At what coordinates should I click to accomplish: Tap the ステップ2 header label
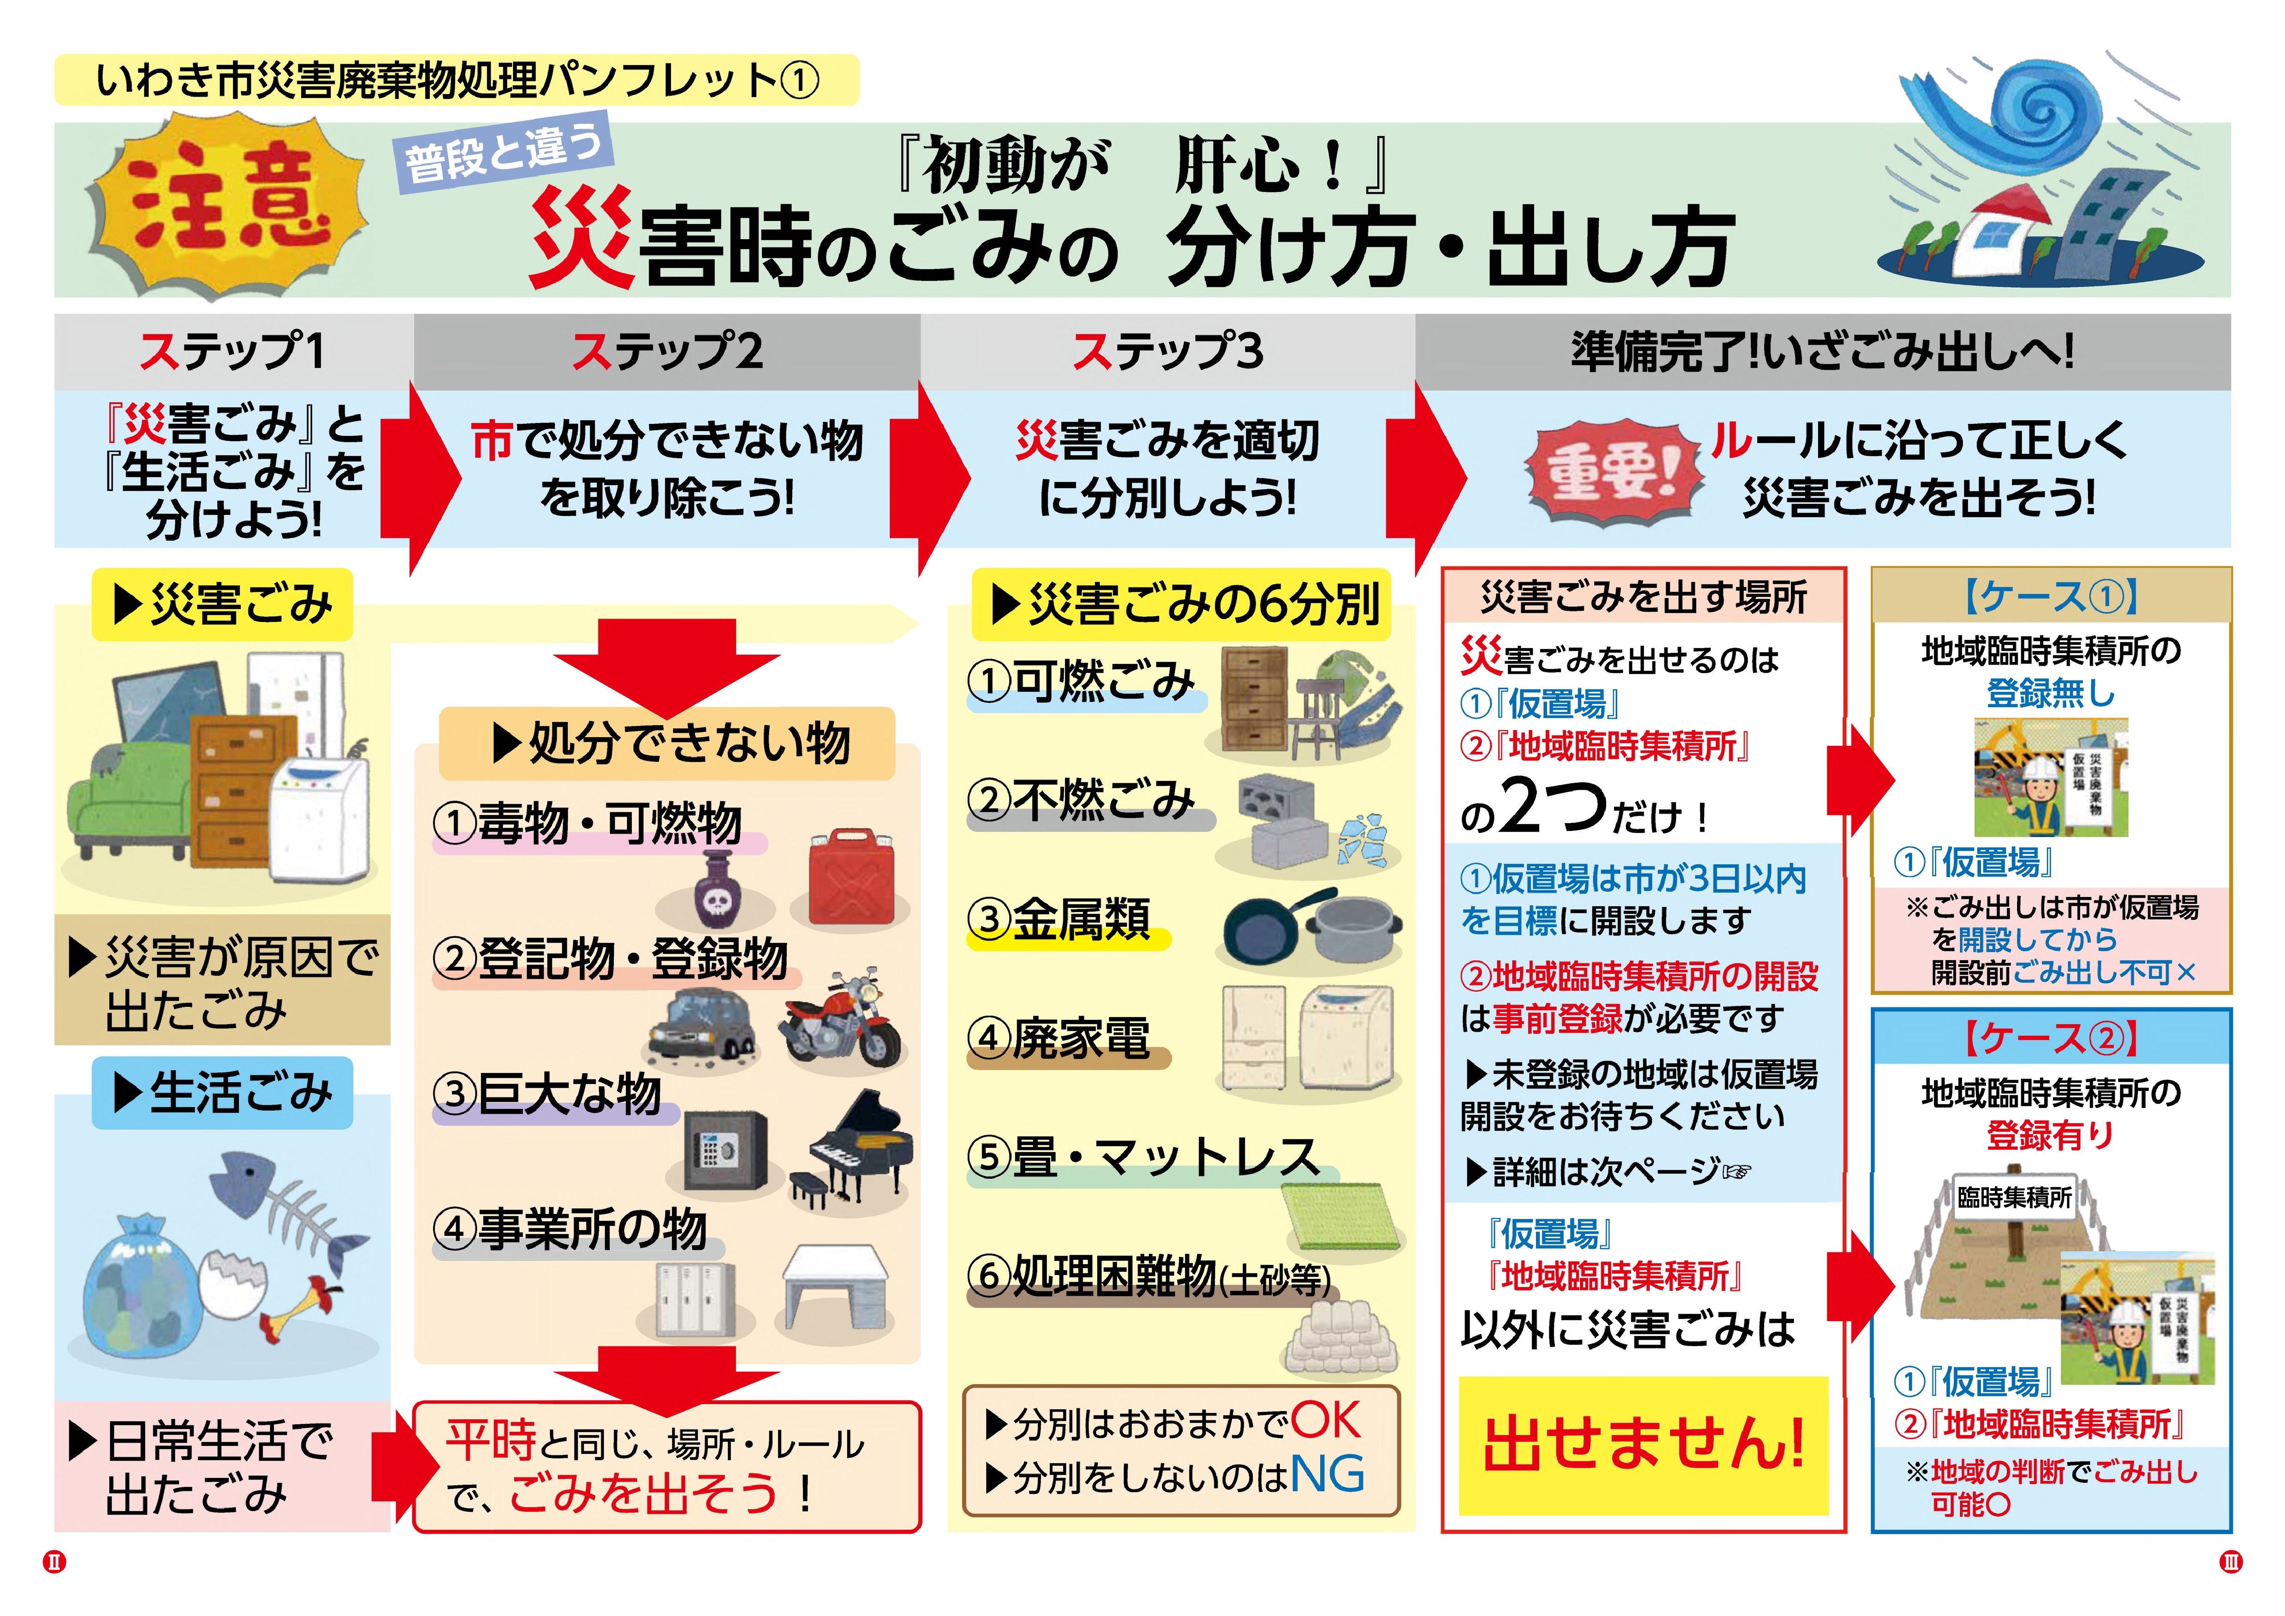(x=667, y=351)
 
